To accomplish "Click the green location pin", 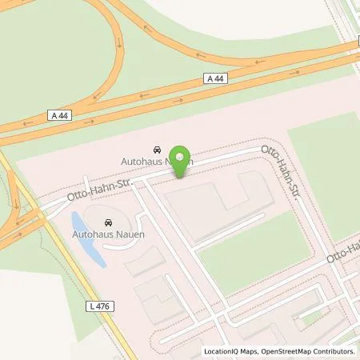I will [183, 158].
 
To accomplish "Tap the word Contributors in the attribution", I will [335, 351].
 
